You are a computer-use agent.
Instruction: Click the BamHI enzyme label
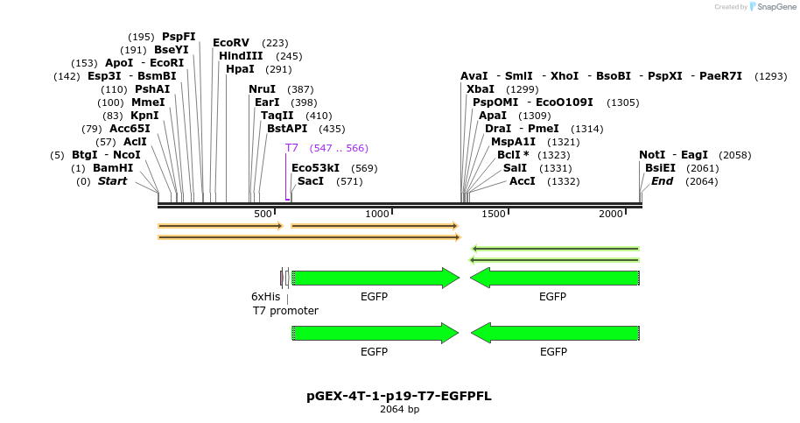tap(113, 168)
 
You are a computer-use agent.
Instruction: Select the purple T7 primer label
tap(291, 148)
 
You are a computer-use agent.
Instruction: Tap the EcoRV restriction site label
tap(231, 43)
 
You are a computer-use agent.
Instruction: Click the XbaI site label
tap(481, 89)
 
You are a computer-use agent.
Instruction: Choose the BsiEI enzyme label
tap(660, 168)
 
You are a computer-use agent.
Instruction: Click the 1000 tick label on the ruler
tap(377, 214)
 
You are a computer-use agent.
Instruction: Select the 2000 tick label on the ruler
tap(610, 214)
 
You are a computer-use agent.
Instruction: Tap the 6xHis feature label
tap(265, 297)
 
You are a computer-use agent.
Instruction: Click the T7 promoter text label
tap(285, 311)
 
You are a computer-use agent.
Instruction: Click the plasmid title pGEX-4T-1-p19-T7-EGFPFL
tap(399, 396)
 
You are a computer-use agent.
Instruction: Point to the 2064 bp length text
tap(399, 409)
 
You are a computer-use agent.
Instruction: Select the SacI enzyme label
tap(311, 181)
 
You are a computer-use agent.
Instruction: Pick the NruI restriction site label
tap(262, 89)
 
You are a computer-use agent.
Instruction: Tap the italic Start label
tap(112, 181)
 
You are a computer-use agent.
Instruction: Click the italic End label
tap(662, 181)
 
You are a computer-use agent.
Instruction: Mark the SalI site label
tap(515, 168)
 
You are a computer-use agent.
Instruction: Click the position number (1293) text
tap(771, 76)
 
